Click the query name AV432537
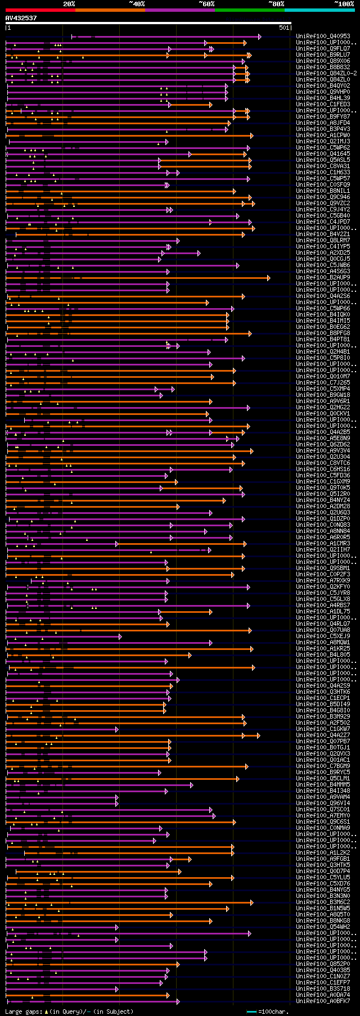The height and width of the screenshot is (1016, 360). click(x=21, y=18)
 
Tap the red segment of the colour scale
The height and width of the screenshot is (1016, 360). click(x=40, y=10)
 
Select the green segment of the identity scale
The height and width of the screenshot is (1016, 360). click(x=249, y=10)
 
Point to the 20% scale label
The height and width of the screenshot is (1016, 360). click(x=69, y=4)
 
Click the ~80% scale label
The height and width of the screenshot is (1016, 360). click(x=276, y=4)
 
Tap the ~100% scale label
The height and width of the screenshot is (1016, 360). click(x=344, y=4)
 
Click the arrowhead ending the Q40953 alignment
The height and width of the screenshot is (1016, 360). click(x=259, y=37)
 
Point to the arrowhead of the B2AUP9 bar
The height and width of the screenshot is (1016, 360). click(x=268, y=278)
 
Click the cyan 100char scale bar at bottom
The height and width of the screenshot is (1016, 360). click(x=251, y=1012)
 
